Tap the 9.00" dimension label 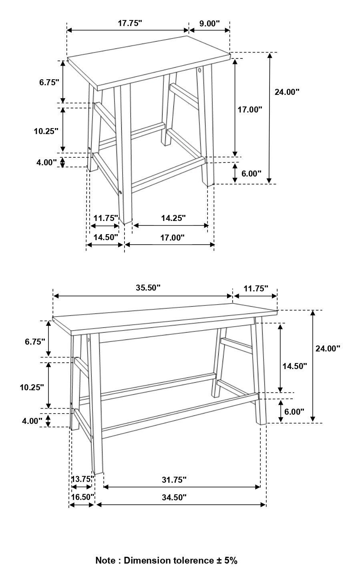pos(209,23)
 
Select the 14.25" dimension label pos(173,218)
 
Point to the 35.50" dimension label pos(148,288)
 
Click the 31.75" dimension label pos(174,480)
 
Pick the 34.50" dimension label pos(174,498)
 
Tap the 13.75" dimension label pos(82,479)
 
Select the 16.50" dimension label pos(82,497)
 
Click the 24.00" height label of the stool pos(287,92)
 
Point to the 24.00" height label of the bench pos(328,349)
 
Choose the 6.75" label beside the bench pos(35,341)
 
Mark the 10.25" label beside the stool pos(46,131)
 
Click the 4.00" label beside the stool pos(46,162)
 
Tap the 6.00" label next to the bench pos(294,411)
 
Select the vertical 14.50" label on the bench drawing pos(294,365)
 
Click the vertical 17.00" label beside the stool pos(250,109)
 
